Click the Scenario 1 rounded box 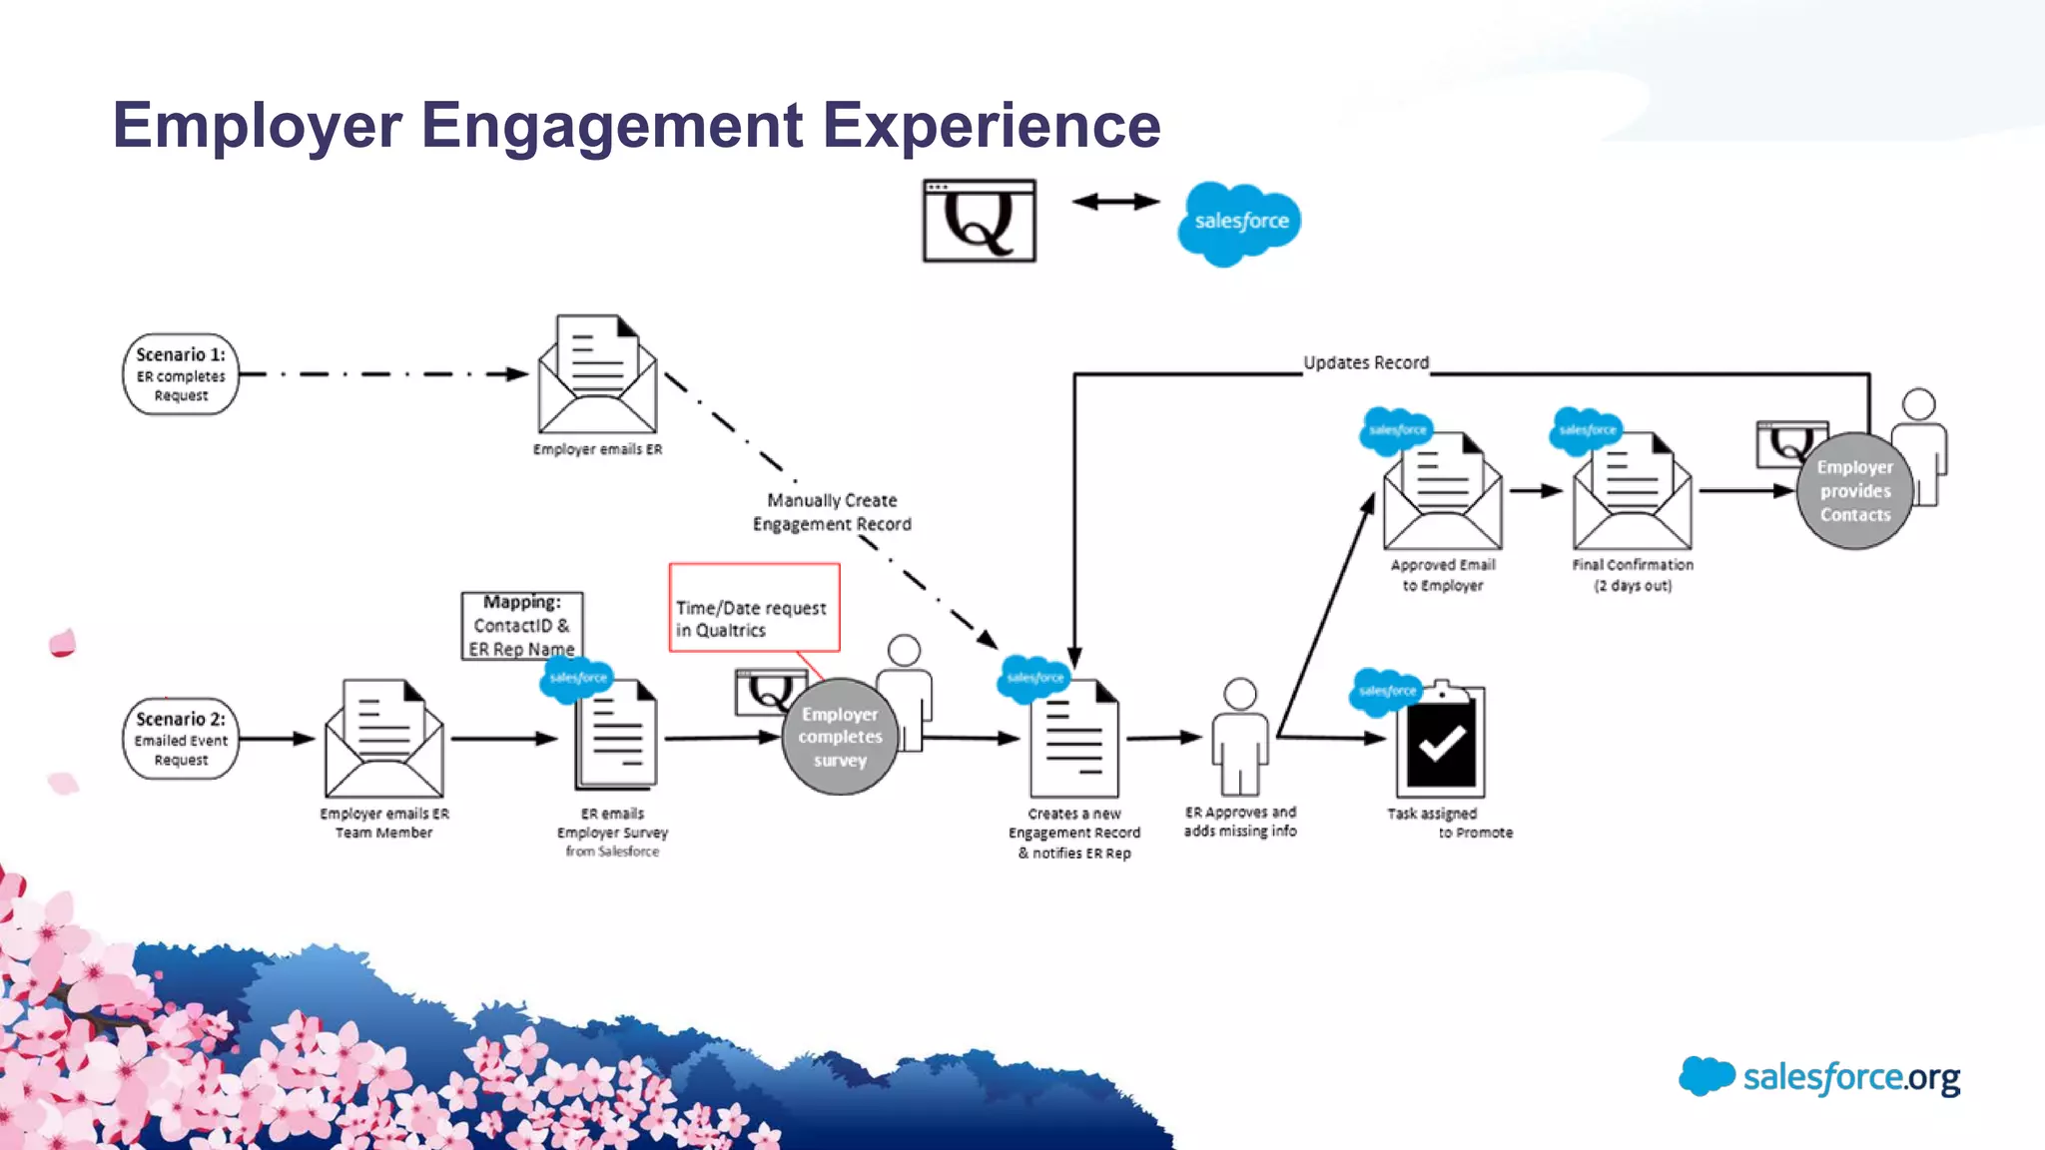181,374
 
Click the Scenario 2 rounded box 181,739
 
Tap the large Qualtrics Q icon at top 979,221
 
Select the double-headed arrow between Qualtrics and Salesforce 1115,202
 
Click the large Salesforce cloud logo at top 1239,222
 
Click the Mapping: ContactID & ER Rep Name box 521,626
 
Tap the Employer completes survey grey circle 840,738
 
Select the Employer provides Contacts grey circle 1854,491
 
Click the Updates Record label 1365,362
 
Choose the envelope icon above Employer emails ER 597,376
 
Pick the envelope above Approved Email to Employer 1442,493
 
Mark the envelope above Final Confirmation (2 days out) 1632,493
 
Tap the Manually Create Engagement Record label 832,512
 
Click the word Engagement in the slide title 612,126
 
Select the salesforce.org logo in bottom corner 1819,1077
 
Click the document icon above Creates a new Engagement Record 1073,739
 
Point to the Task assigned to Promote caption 1449,823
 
